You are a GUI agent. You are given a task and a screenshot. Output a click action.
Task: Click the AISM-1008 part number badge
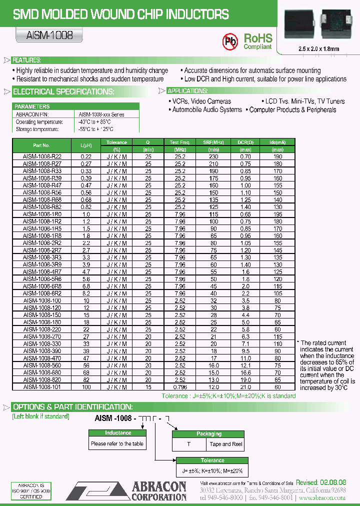point(46,35)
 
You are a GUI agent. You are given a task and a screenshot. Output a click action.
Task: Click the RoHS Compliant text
point(258,41)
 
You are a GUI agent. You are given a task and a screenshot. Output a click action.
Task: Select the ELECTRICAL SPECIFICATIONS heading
point(63,92)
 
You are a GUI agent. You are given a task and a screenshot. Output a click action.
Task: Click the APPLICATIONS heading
point(187,91)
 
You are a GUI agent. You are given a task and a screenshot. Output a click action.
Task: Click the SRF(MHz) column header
point(213,142)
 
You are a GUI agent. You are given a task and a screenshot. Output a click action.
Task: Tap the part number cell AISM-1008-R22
point(42,156)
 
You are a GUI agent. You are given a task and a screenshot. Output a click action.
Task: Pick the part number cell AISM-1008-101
point(42,387)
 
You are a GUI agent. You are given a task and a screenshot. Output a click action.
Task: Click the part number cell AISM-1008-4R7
point(42,272)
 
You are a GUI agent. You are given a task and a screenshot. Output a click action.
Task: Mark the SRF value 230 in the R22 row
point(213,156)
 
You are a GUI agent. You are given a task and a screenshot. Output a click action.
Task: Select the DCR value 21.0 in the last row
point(245,387)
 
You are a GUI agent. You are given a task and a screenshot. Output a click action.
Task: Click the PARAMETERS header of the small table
point(32,106)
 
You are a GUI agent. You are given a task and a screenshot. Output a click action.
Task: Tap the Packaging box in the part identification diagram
point(208,434)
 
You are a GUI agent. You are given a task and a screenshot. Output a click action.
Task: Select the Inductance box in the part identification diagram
point(117,433)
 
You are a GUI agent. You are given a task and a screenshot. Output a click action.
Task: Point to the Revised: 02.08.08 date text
point(320,482)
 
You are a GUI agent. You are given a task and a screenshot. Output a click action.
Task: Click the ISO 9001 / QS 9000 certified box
point(31,491)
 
